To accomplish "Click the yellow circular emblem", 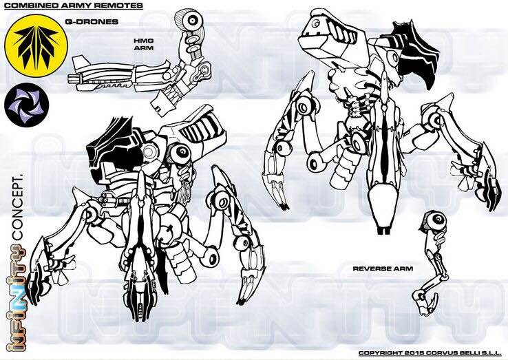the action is (36, 46).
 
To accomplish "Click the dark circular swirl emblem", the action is (27, 105).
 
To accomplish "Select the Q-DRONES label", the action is (92, 22).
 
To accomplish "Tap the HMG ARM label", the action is (144, 44).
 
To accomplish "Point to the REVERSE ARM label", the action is (383, 268).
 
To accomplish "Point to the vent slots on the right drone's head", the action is (341, 32).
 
